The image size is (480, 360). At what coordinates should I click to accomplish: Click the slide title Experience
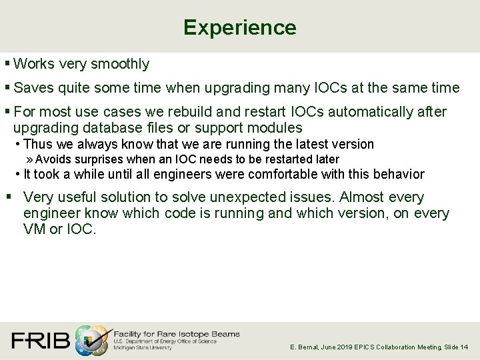click(x=239, y=27)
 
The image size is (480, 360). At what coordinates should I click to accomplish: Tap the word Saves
click(x=31, y=88)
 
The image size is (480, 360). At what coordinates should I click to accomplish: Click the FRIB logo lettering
click(x=40, y=341)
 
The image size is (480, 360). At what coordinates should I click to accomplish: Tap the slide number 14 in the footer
click(x=465, y=347)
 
